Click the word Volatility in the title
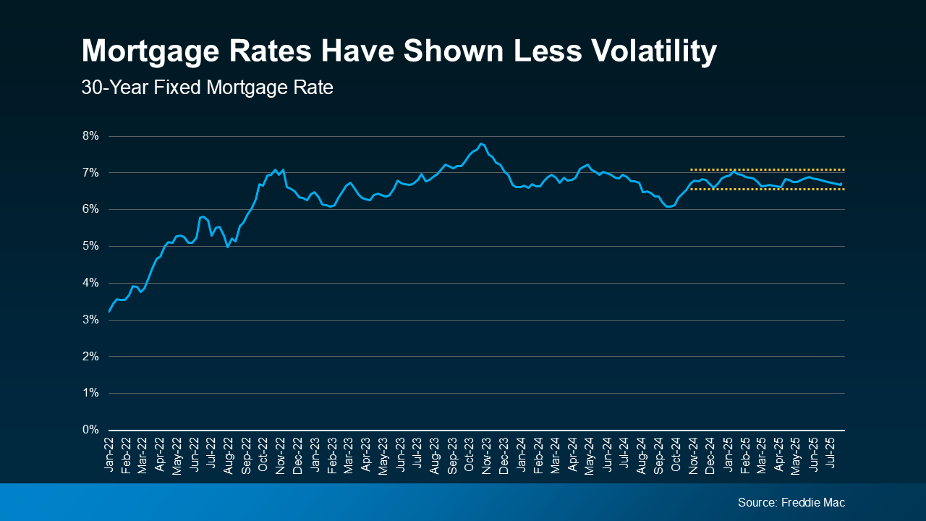632,52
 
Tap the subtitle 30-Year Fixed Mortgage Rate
207,88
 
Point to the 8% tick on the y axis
90,136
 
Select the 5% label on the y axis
90,246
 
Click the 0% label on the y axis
90,430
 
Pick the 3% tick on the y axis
90,320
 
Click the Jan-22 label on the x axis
109,456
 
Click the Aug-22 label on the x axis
229,456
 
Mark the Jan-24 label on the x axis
520,456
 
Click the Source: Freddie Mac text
791,502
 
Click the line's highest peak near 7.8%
482,143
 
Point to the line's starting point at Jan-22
109,311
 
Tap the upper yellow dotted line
767,170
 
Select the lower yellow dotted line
767,190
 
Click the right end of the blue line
841,185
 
